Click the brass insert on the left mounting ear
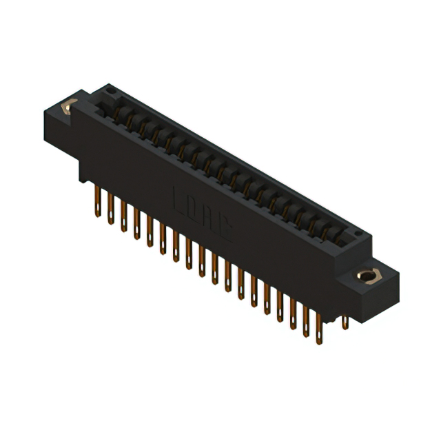click(68, 107)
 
